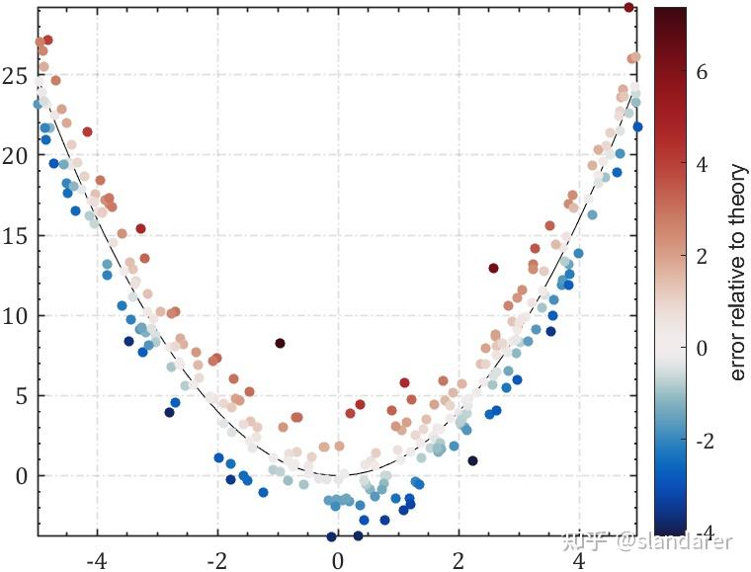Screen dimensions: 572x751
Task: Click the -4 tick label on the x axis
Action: coord(96,560)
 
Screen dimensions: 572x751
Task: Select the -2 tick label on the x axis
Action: coord(216,560)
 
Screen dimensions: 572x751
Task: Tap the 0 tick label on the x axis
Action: coord(338,560)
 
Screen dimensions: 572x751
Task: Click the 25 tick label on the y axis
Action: coord(18,76)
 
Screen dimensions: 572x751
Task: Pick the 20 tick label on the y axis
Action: coord(18,156)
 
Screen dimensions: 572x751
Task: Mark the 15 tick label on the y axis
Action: coord(18,236)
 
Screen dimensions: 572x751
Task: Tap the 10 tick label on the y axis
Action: coord(18,316)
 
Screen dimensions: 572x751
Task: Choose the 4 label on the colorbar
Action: coord(702,165)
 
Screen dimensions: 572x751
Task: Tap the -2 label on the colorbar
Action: coord(705,442)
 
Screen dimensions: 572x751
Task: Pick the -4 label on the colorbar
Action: coord(705,532)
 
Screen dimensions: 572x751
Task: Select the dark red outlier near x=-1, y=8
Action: coord(280,344)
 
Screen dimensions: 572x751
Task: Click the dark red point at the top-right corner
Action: coord(629,8)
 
